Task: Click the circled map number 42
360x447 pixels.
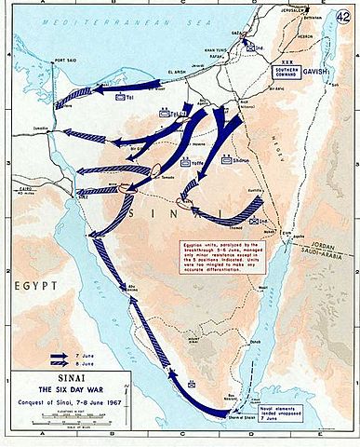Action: (x=346, y=13)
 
